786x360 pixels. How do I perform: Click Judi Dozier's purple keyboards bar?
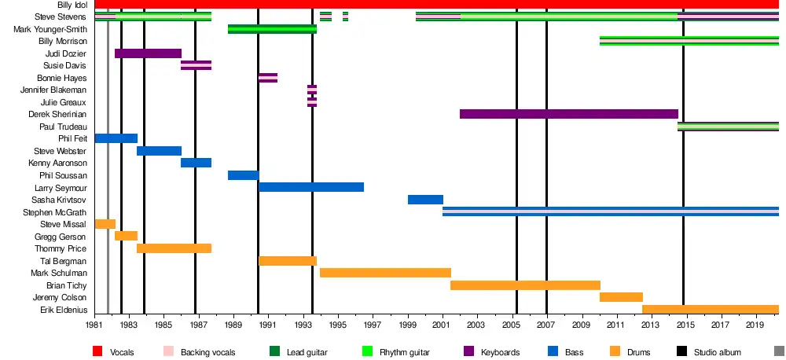[x=148, y=53]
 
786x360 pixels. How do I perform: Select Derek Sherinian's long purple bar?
[x=568, y=114]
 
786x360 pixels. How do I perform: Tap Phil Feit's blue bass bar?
[x=116, y=138]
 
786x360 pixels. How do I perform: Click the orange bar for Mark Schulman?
[x=385, y=273]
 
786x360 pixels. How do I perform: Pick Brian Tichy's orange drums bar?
[x=525, y=285]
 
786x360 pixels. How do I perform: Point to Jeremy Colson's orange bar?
[x=621, y=297]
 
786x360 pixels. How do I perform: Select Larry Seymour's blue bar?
[x=311, y=187]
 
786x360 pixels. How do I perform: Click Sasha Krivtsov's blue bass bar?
[x=425, y=200]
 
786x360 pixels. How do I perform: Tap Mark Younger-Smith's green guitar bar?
[x=272, y=29]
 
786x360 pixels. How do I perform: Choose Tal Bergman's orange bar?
[x=288, y=261]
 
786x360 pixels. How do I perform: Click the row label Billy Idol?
[x=72, y=5]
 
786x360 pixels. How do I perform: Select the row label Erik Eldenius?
[x=64, y=310]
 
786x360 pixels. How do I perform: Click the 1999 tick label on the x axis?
[x=408, y=325]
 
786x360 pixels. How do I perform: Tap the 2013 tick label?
[x=650, y=325]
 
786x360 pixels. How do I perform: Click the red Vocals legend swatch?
[x=98, y=351]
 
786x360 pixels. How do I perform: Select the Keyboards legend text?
[x=500, y=352]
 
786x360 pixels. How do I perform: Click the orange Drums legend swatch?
[x=615, y=351]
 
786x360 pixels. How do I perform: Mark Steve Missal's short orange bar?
[x=105, y=224]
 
